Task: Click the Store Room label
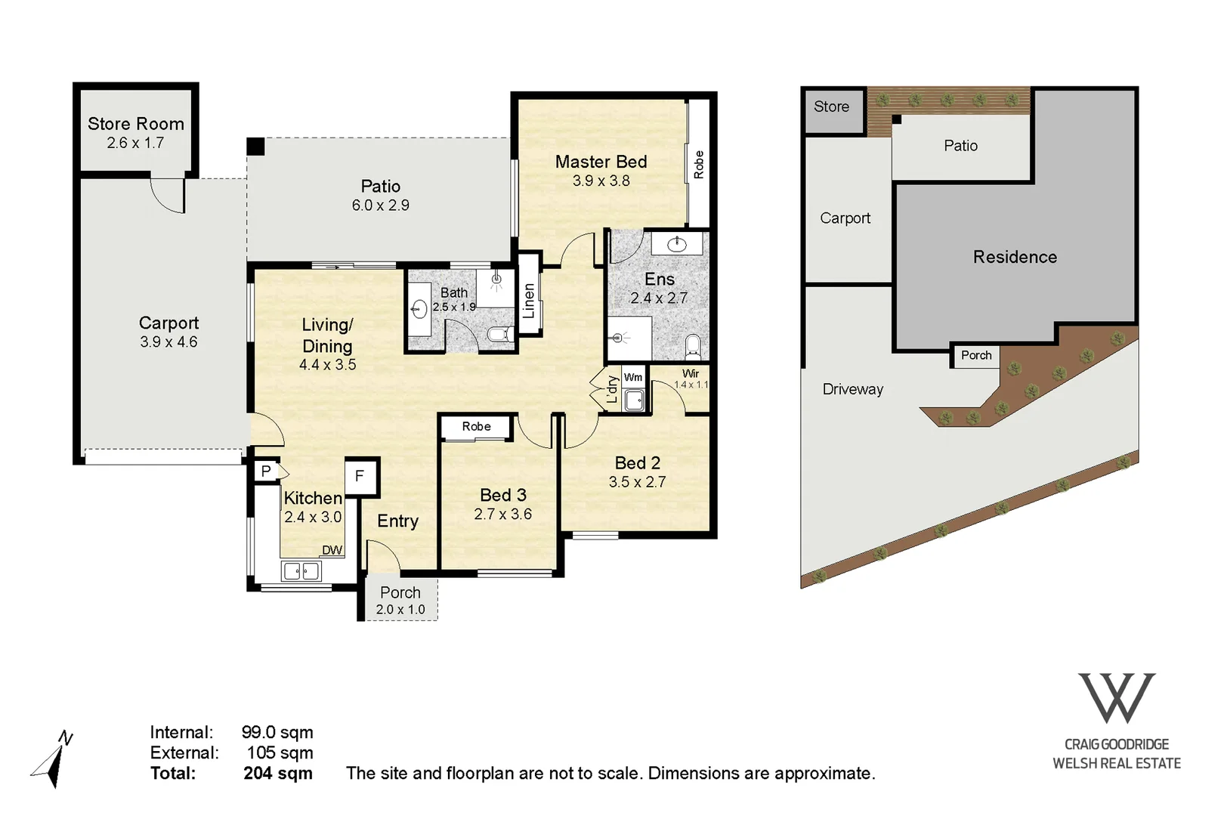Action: click(136, 124)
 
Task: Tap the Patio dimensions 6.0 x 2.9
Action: click(380, 206)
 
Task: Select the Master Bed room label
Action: click(601, 162)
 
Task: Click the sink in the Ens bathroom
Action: click(677, 243)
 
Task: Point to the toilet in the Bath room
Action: click(497, 333)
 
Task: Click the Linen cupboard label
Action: click(529, 301)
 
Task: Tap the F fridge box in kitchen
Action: click(360, 476)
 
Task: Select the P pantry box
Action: click(266, 471)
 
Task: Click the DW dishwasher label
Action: click(332, 550)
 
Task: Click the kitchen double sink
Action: click(301, 571)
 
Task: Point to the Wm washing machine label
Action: click(633, 377)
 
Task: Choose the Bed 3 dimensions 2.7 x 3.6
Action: click(502, 515)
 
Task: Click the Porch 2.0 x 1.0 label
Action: click(400, 601)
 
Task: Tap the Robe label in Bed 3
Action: click(476, 427)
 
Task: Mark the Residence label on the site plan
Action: click(1015, 258)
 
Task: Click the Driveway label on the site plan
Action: click(852, 389)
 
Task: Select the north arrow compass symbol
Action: click(53, 759)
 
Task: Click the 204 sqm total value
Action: click(278, 774)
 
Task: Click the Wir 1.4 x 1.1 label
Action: click(691, 379)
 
